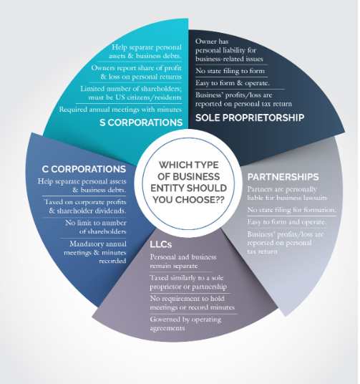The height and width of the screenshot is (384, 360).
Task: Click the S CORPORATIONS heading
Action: click(x=141, y=123)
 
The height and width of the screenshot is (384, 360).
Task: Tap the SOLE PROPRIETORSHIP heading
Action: click(x=250, y=117)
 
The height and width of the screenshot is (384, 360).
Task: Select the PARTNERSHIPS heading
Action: click(x=283, y=177)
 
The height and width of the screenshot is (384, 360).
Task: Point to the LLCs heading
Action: click(x=161, y=244)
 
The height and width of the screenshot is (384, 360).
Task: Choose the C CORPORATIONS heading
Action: click(x=84, y=169)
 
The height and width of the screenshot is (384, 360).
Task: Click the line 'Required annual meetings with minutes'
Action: click(x=120, y=110)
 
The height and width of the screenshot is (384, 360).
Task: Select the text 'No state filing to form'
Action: click(x=230, y=71)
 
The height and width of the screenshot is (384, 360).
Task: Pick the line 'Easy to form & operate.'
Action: click(x=233, y=83)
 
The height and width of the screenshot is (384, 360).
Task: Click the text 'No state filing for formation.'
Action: click(x=292, y=210)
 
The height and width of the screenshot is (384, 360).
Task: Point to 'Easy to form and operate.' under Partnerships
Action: click(x=287, y=222)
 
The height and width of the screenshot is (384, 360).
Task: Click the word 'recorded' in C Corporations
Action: click(x=112, y=261)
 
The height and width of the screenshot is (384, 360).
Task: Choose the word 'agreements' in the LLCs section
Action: click(x=167, y=328)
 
